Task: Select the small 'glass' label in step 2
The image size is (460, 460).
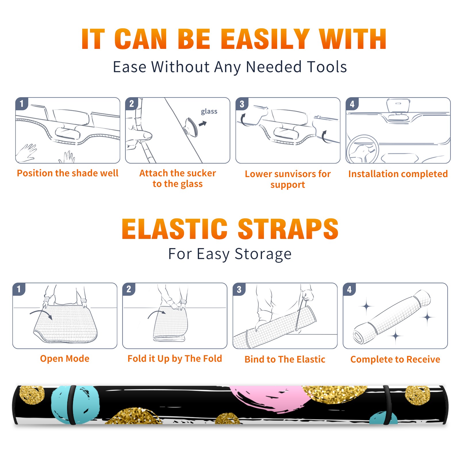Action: [209, 111]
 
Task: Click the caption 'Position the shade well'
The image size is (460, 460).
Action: [68, 173]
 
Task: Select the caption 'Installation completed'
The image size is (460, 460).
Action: [398, 174]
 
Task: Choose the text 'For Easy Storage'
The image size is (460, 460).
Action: [230, 254]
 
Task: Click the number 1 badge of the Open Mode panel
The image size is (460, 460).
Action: [19, 289]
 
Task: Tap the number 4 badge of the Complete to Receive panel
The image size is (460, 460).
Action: [349, 289]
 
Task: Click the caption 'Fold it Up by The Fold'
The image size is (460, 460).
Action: [175, 359]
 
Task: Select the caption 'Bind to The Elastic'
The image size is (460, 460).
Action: [285, 359]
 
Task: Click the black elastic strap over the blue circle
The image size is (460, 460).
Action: [72, 405]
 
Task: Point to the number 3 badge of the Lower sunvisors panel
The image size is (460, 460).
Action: [242, 104]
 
